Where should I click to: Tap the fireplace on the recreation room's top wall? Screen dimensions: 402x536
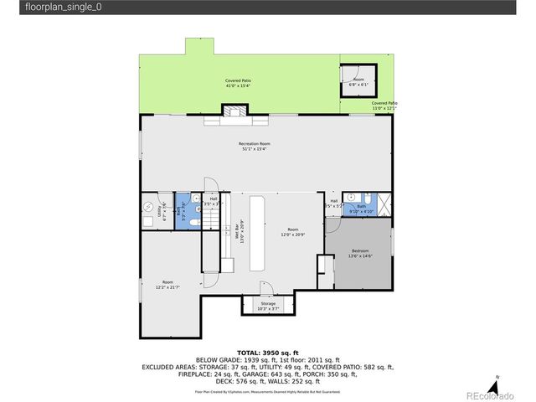pyautogui.click(x=234, y=111)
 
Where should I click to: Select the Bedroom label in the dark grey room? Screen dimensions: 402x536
pyautogui.click(x=360, y=254)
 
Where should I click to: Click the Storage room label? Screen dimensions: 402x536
pyautogui.click(x=268, y=306)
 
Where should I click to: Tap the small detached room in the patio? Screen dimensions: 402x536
pyautogui.click(x=358, y=81)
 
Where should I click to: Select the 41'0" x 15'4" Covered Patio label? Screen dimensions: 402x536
pyautogui.click(x=238, y=84)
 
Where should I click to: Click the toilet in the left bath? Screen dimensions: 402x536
pyautogui.click(x=193, y=221)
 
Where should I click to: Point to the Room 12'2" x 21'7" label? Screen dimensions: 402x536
pyautogui.click(x=167, y=285)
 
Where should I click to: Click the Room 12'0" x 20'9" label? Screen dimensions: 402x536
pyautogui.click(x=292, y=232)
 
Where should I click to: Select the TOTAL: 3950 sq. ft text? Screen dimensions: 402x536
pyautogui.click(x=268, y=352)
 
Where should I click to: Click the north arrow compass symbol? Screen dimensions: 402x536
pyautogui.click(x=497, y=379)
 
